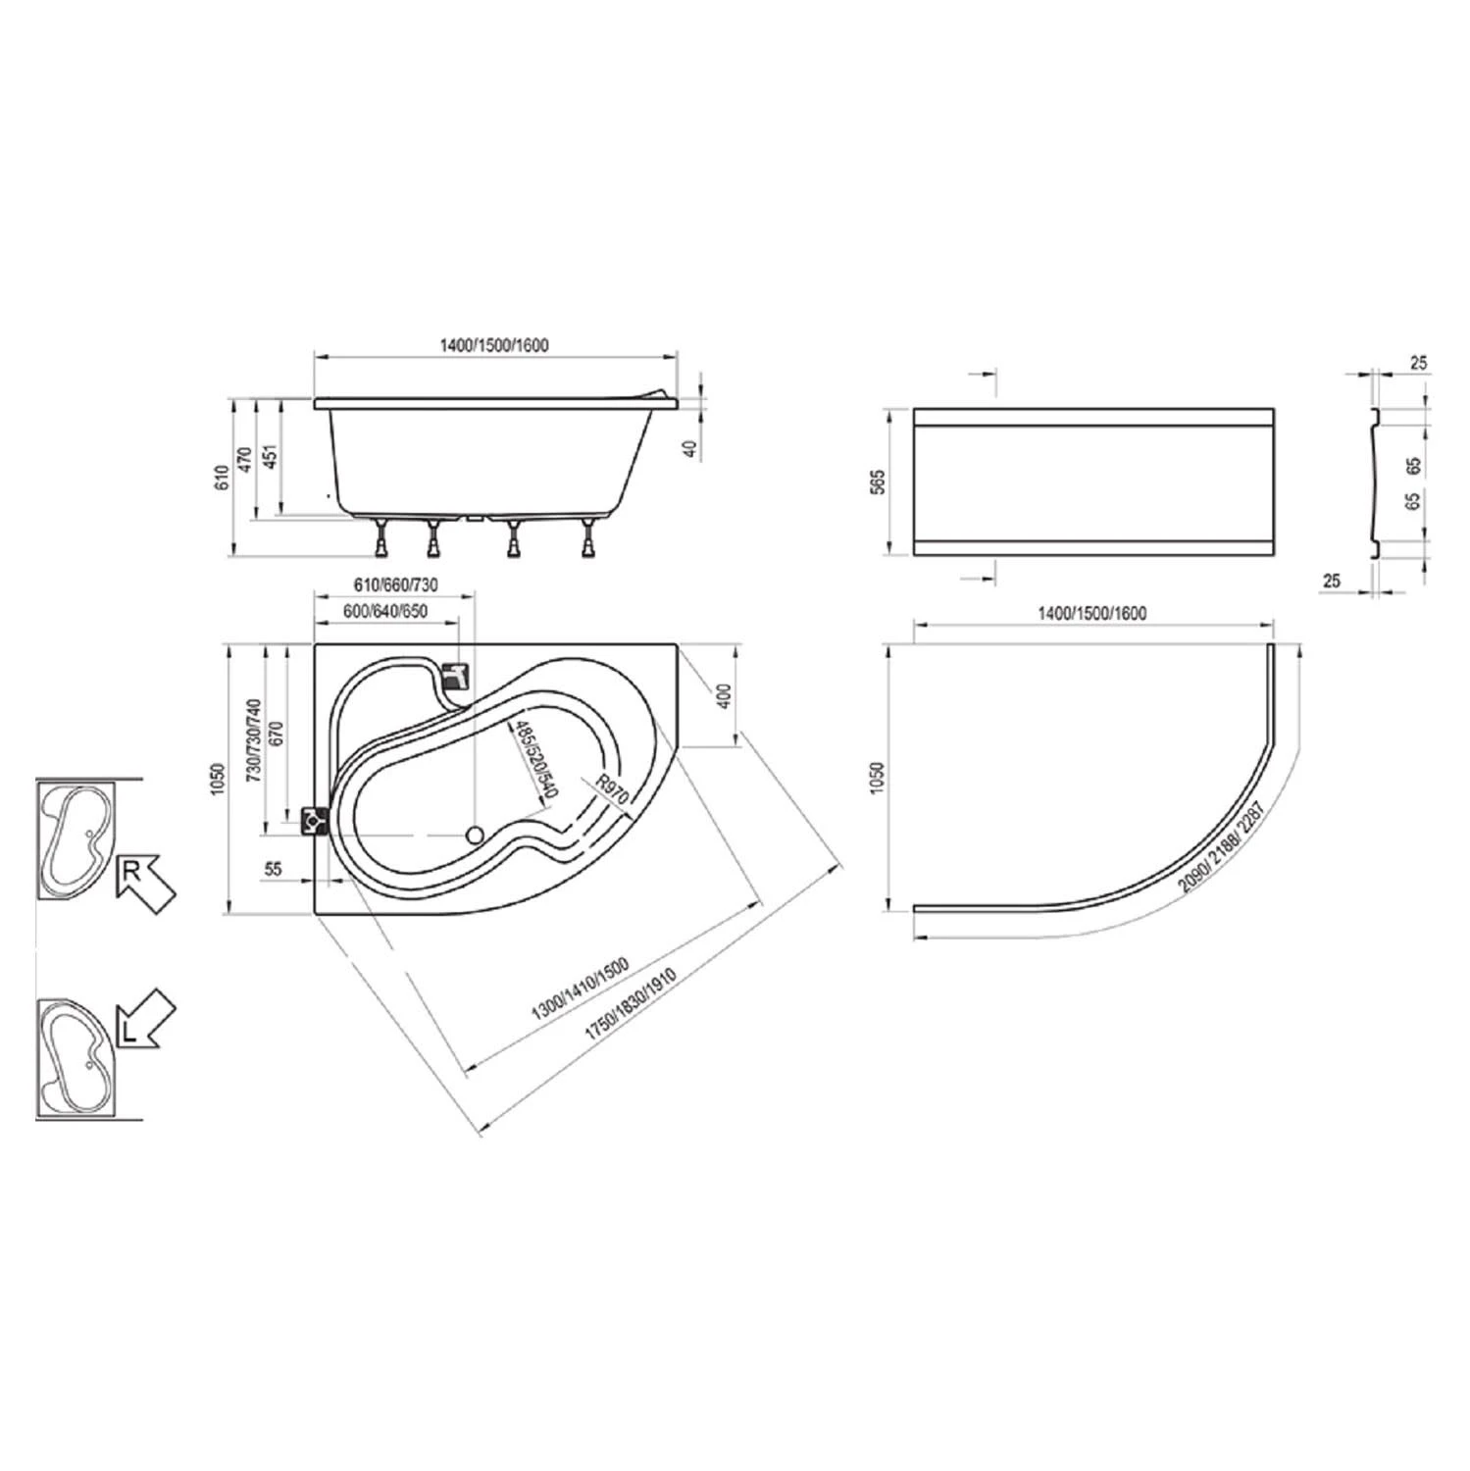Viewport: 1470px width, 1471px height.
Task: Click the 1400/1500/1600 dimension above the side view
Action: pyautogui.click(x=493, y=345)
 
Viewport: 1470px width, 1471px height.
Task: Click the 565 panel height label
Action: pyautogui.click(x=878, y=482)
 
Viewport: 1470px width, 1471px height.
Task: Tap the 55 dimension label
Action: pyautogui.click(x=274, y=869)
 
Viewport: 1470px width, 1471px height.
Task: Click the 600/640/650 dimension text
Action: pyautogui.click(x=385, y=611)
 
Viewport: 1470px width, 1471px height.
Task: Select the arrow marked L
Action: pyautogui.click(x=143, y=1021)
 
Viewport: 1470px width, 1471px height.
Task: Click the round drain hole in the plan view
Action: pyautogui.click(x=475, y=835)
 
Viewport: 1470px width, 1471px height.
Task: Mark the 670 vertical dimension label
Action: pyautogui.click(x=276, y=736)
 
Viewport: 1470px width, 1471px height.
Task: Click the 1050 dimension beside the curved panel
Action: pyautogui.click(x=878, y=779)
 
